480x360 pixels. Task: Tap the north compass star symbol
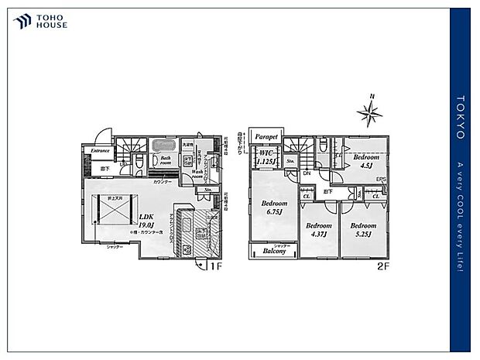point(370,114)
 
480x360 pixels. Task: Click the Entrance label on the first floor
point(101,150)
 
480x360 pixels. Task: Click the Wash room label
point(191,174)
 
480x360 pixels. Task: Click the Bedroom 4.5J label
point(364,160)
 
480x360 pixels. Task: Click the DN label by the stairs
point(307,174)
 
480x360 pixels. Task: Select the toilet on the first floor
point(137,161)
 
